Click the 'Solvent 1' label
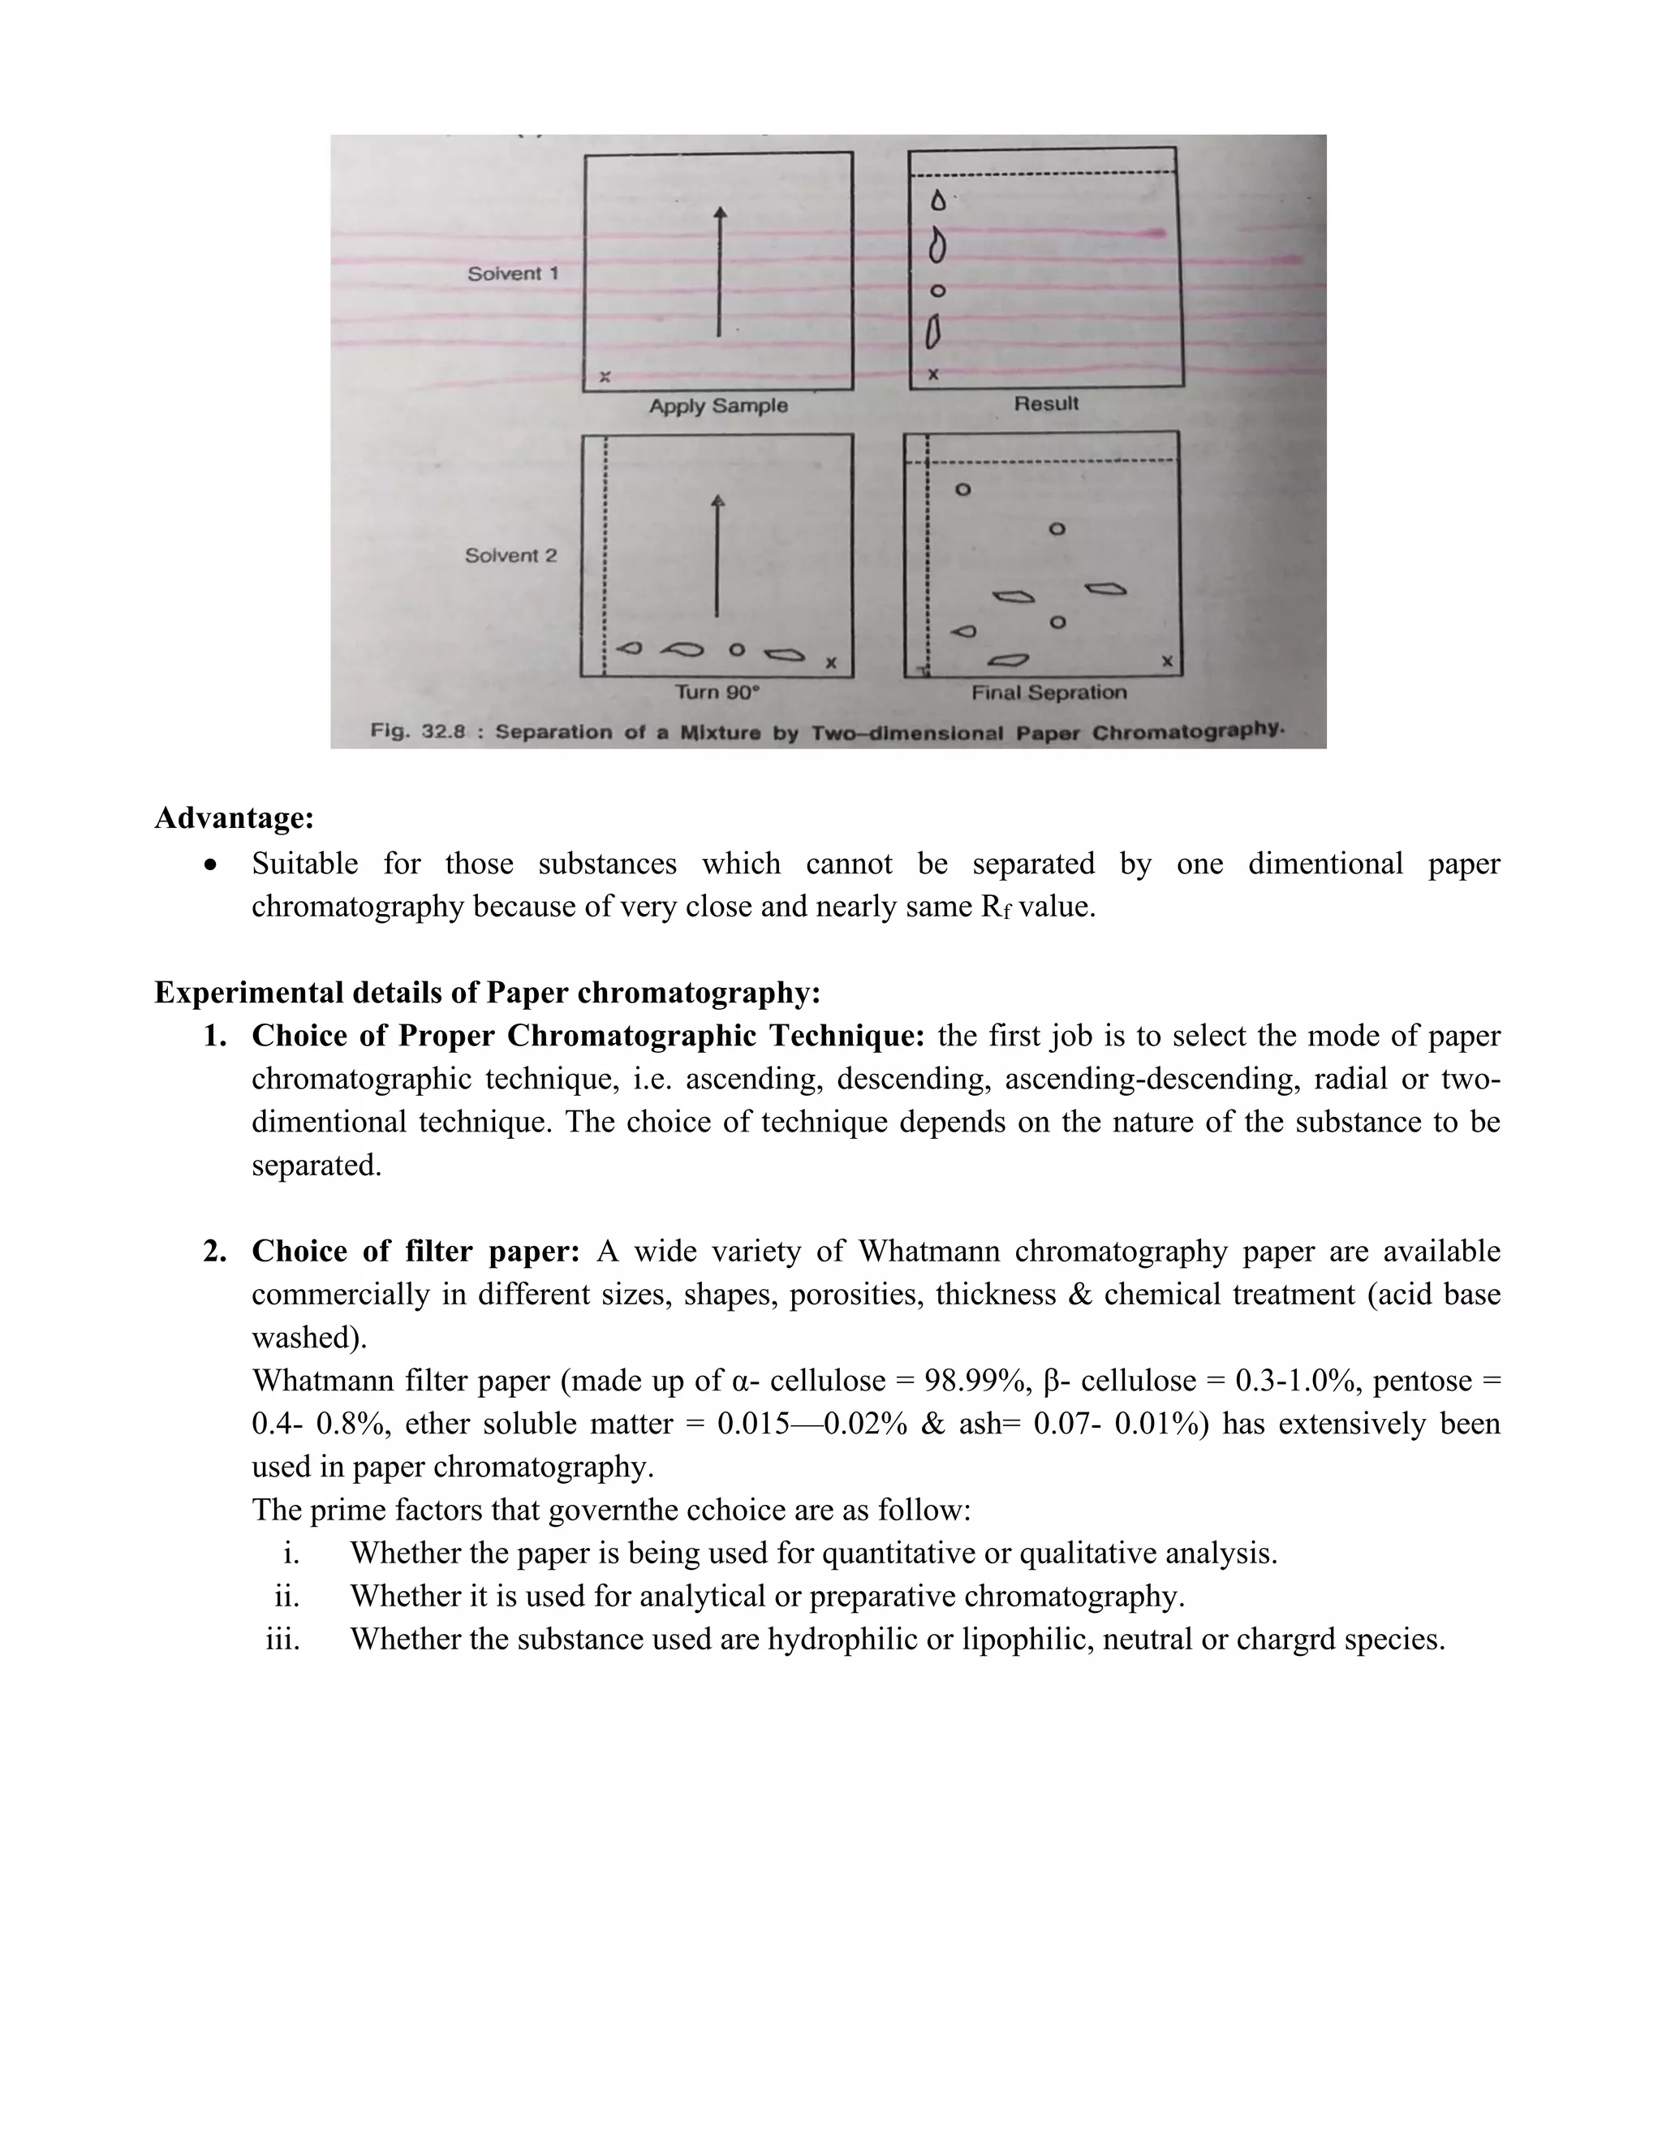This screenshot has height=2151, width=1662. click(512, 274)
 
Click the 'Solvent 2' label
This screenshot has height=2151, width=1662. click(510, 555)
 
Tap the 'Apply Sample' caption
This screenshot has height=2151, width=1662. click(717, 406)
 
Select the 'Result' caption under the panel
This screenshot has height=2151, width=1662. click(1045, 403)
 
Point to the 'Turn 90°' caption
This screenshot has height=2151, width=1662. click(717, 692)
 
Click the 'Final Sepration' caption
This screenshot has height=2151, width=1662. click(1048, 692)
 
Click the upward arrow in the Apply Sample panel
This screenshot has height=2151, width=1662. click(720, 273)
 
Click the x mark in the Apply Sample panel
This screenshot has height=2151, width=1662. click(605, 377)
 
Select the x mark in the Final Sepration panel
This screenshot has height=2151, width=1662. click(1167, 661)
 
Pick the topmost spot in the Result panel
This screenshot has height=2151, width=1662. click(938, 201)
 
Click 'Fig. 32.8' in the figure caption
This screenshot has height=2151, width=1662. click(416, 732)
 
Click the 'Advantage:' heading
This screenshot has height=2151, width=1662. click(235, 817)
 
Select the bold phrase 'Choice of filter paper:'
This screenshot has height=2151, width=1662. click(415, 1251)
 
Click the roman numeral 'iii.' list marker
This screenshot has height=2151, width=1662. click(282, 1639)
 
